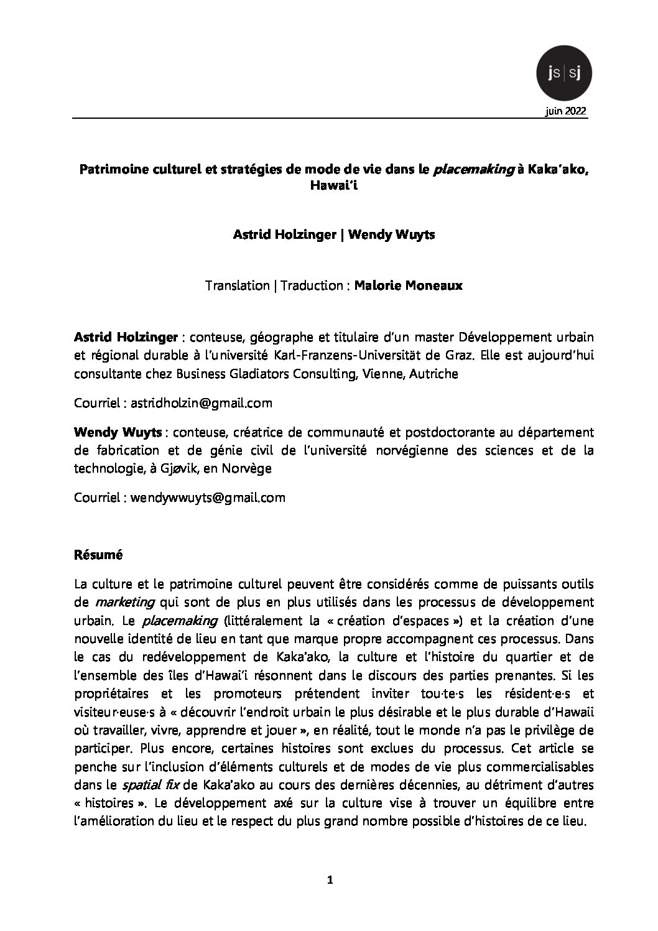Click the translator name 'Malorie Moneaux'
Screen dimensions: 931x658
coord(408,286)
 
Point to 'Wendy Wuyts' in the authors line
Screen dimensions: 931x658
coord(387,234)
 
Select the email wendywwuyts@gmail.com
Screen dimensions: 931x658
coord(208,498)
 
